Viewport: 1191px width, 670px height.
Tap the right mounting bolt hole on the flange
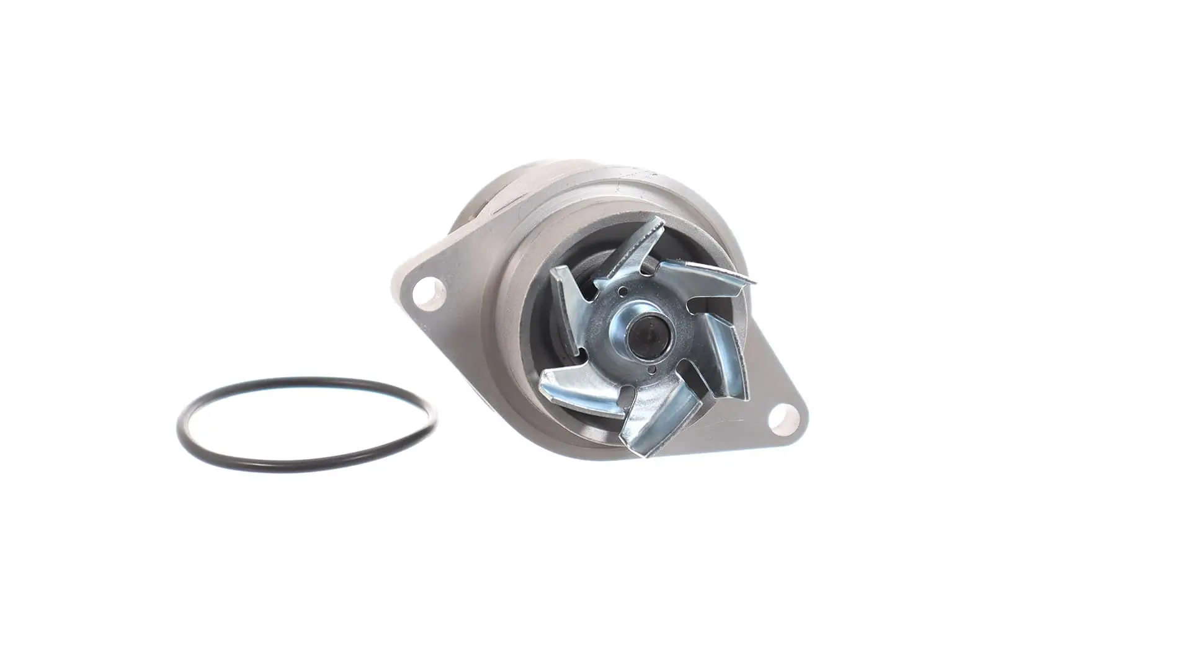coord(783,417)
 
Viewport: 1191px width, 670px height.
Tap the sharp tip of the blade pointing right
coord(752,280)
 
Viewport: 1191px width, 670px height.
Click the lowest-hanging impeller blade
coord(658,422)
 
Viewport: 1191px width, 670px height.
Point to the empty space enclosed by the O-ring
coord(307,424)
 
